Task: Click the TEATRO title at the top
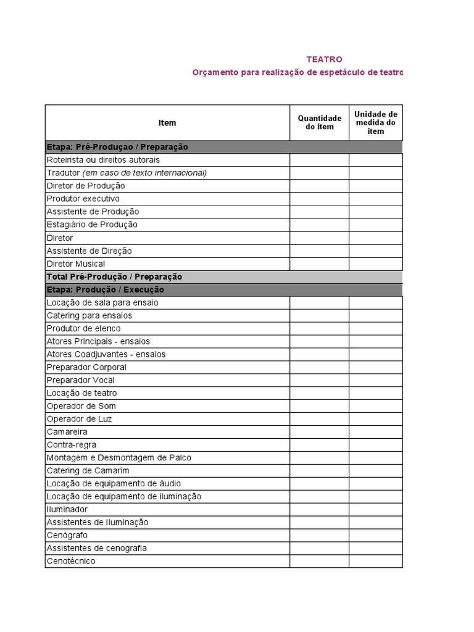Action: [324, 59]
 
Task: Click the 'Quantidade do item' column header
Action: [319, 122]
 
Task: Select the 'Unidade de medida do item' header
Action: [375, 122]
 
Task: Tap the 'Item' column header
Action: [167, 123]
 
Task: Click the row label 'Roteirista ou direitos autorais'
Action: [103, 160]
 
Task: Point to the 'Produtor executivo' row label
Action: [83, 199]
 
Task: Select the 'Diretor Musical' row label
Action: [76, 264]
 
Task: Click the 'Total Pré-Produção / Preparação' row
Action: [114, 276]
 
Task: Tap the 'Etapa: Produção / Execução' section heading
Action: [106, 289]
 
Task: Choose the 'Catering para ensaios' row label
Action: [89, 315]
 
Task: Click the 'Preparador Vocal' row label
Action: [81, 380]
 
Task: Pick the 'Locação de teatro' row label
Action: [81, 393]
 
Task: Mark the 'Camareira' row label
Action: [67, 432]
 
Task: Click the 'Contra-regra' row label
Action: [72, 445]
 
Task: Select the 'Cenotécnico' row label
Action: [71, 561]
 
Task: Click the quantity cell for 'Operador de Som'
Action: [319, 406]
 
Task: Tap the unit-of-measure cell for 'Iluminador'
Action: [375, 510]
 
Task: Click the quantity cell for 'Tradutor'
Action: [319, 173]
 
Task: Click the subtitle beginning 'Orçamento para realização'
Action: [297, 73]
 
